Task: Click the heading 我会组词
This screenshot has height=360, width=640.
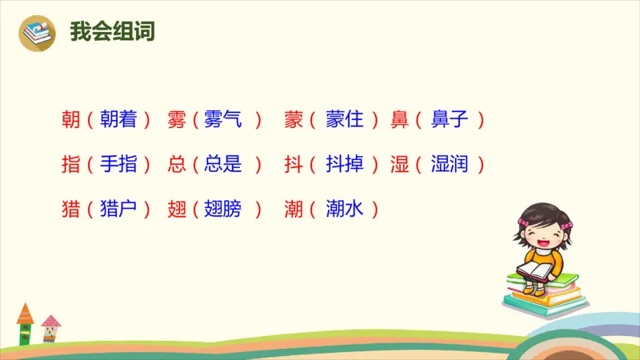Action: (x=111, y=32)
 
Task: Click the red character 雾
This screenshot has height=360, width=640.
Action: (x=177, y=120)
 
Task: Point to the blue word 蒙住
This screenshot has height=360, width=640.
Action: (x=345, y=120)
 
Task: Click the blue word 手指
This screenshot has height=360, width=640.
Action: (x=118, y=165)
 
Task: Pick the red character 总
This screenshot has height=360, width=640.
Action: (x=177, y=165)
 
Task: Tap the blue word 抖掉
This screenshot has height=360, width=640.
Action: (x=345, y=165)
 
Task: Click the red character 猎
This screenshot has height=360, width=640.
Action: (x=70, y=210)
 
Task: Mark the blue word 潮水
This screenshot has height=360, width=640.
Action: (x=345, y=210)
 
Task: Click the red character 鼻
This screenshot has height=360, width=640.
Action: (x=400, y=120)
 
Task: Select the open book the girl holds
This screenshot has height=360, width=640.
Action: (x=534, y=271)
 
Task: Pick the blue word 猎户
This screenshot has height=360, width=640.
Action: (x=118, y=210)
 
